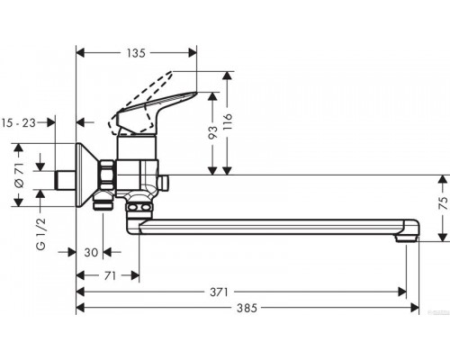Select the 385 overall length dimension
pos(247,308)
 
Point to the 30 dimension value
pos(91,253)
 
